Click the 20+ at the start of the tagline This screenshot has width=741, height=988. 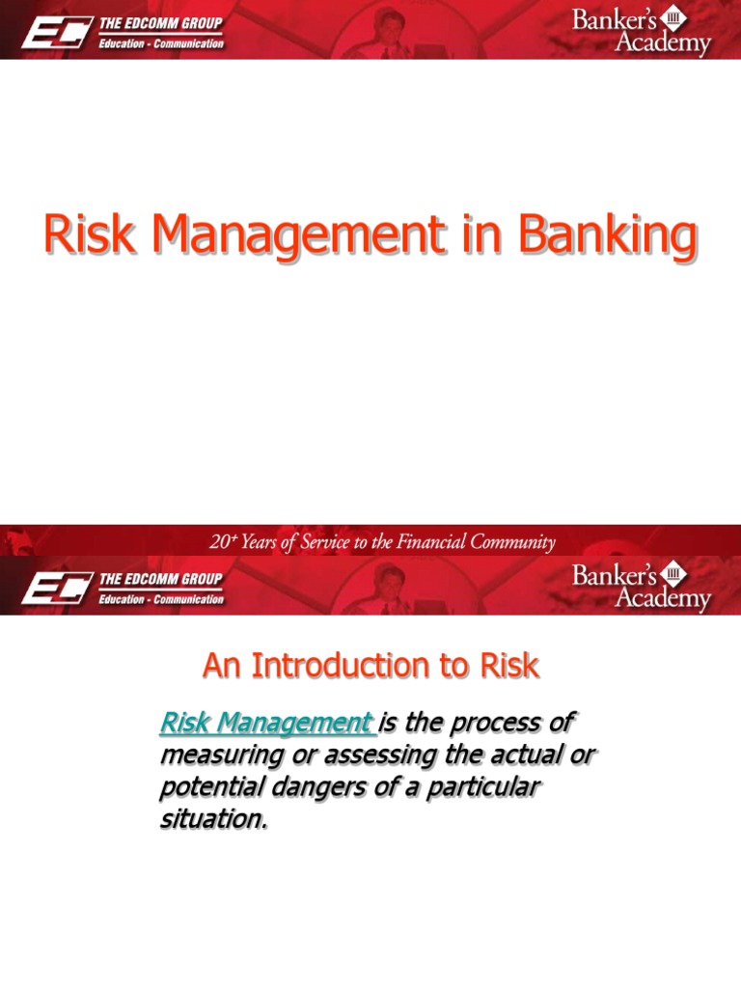click(223, 542)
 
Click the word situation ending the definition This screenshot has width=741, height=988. click(211, 821)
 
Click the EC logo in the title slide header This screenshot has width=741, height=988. click(57, 32)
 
